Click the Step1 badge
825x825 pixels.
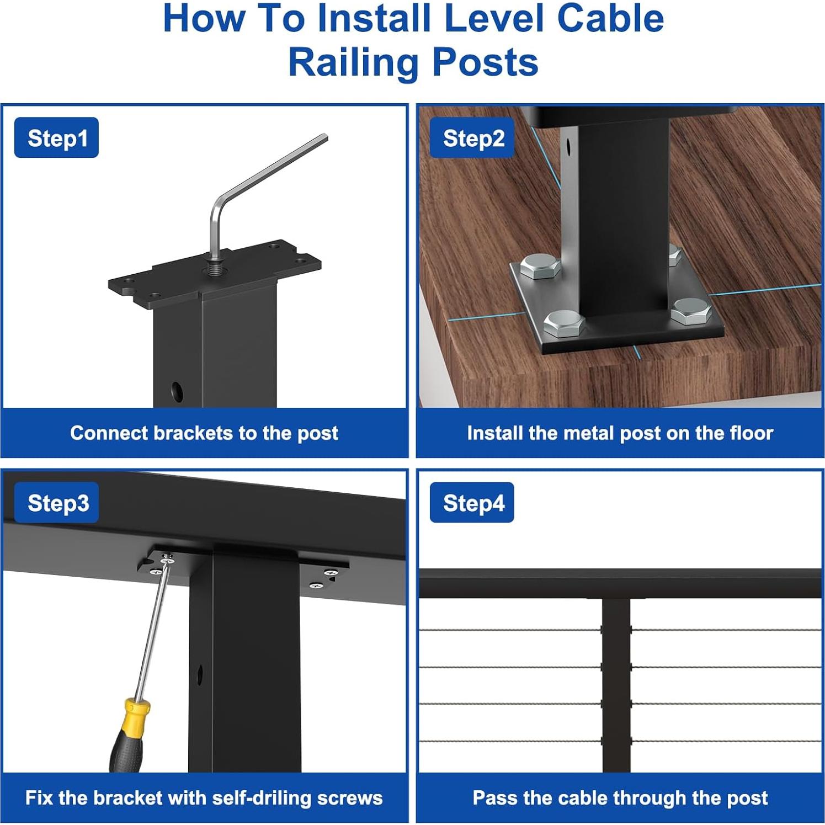click(56, 138)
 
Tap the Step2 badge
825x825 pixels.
click(472, 138)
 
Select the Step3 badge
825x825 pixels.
click(57, 503)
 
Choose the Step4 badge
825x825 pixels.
click(472, 503)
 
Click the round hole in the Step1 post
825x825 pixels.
click(177, 391)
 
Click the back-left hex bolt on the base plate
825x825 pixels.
click(540, 266)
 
